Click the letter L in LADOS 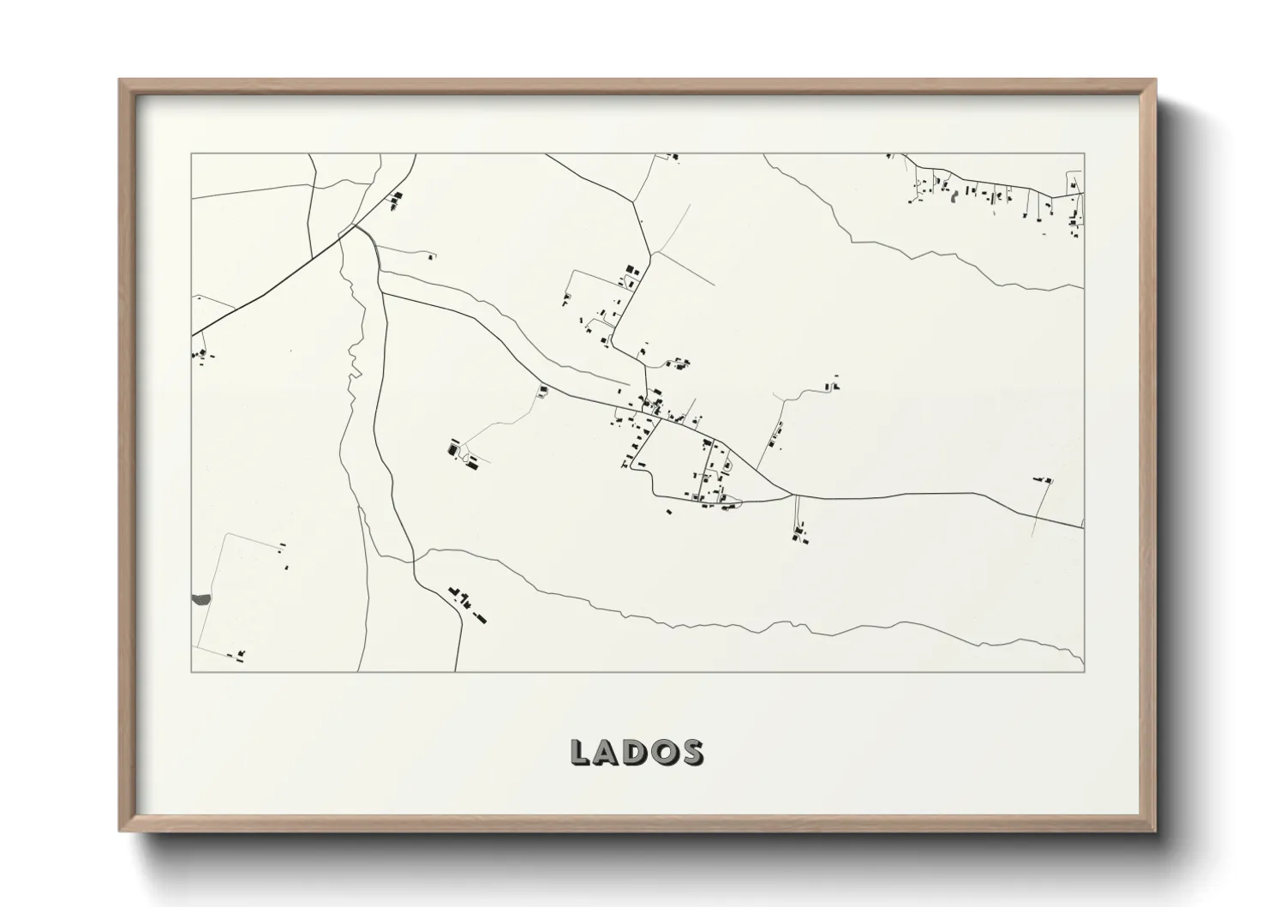pyautogui.click(x=581, y=753)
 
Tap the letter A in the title pyautogui.click(x=610, y=753)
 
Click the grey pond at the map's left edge pyautogui.click(x=200, y=599)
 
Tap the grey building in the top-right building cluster pyautogui.click(x=954, y=195)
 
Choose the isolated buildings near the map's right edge pyautogui.click(x=1043, y=479)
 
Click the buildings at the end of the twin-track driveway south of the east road pyautogui.click(x=801, y=538)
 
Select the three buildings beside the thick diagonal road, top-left pyautogui.click(x=395, y=201)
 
